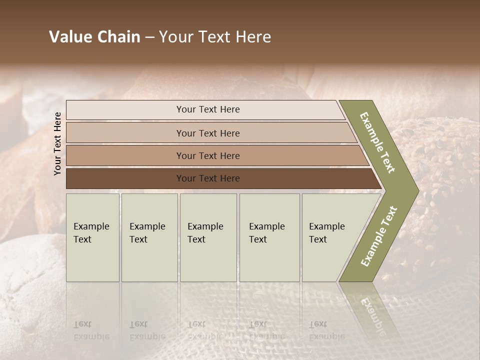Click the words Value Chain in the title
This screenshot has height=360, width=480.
(x=94, y=37)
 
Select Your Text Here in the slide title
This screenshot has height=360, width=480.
(x=215, y=37)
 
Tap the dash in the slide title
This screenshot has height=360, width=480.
(x=149, y=37)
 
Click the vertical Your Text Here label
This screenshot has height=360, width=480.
(x=57, y=143)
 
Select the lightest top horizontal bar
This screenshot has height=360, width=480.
(x=207, y=109)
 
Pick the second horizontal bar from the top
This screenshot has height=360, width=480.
(x=207, y=133)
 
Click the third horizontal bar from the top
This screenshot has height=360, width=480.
(x=207, y=155)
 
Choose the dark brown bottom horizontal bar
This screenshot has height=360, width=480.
(x=207, y=178)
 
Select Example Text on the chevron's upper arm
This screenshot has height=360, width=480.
(x=377, y=142)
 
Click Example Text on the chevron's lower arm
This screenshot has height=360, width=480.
(x=378, y=236)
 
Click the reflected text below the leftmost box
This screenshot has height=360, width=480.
(x=91, y=330)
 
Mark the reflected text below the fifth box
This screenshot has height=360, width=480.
(x=326, y=330)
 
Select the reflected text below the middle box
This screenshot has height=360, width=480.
(x=205, y=330)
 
